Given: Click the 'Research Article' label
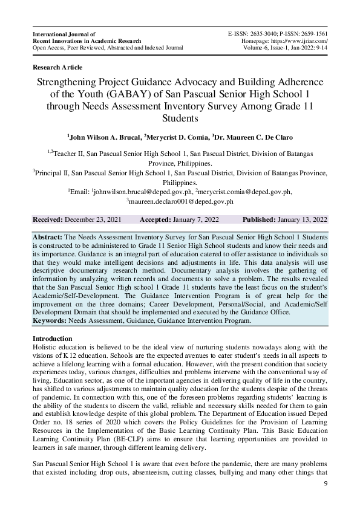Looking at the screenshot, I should tap(57, 67).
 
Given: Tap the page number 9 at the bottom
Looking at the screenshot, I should tap(326, 484).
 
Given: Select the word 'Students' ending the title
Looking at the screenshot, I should tap(180, 117).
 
